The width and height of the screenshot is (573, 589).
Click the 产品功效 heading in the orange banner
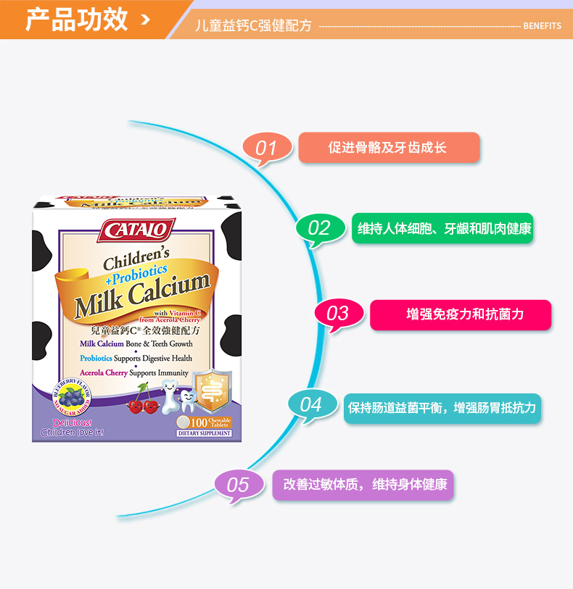(x=78, y=20)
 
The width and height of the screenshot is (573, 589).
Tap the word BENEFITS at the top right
(x=542, y=26)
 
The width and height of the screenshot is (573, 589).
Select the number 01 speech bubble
(x=266, y=148)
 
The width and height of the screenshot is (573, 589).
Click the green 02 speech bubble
(x=319, y=228)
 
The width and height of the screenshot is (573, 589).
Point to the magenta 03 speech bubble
(x=338, y=314)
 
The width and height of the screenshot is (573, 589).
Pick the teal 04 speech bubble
(x=310, y=404)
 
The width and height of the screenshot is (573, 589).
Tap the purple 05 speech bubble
(x=238, y=484)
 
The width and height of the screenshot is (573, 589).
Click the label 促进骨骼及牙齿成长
(x=388, y=148)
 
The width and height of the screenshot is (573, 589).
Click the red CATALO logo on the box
(x=136, y=230)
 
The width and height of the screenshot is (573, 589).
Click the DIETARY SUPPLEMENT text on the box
(x=204, y=433)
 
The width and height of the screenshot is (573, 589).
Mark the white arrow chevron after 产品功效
(x=145, y=19)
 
